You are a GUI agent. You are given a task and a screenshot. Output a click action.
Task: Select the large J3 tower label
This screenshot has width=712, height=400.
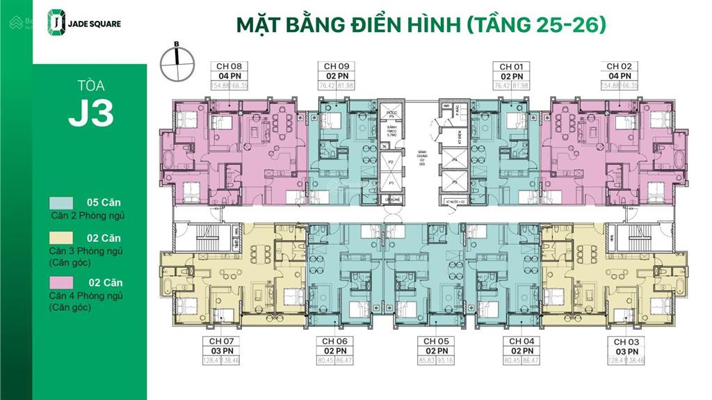point(90,114)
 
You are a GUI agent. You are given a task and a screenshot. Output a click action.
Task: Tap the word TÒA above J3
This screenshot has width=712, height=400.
point(91,86)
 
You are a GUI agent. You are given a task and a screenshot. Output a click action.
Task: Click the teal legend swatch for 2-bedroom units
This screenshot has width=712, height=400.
point(61,202)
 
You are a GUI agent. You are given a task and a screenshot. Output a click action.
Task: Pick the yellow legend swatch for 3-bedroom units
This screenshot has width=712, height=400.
point(61,238)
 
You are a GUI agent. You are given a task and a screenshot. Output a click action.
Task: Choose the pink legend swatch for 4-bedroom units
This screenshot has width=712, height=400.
point(61,282)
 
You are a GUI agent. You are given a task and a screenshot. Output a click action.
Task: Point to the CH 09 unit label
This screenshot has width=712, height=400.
point(336,67)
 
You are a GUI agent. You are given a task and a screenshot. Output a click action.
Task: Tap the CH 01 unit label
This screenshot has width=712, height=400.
point(511,67)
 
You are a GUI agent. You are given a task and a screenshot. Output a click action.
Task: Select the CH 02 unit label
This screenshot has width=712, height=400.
point(619,67)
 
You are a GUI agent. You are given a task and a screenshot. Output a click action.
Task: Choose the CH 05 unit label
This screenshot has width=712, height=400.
point(434,342)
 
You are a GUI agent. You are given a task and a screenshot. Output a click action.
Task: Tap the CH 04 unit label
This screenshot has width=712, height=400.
point(521,342)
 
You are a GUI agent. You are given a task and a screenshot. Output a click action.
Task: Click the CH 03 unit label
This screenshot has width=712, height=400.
point(626,342)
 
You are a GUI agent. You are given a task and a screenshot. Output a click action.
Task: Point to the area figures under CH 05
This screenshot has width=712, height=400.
point(434,360)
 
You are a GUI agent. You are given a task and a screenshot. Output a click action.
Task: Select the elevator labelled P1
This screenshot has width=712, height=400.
point(391,183)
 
